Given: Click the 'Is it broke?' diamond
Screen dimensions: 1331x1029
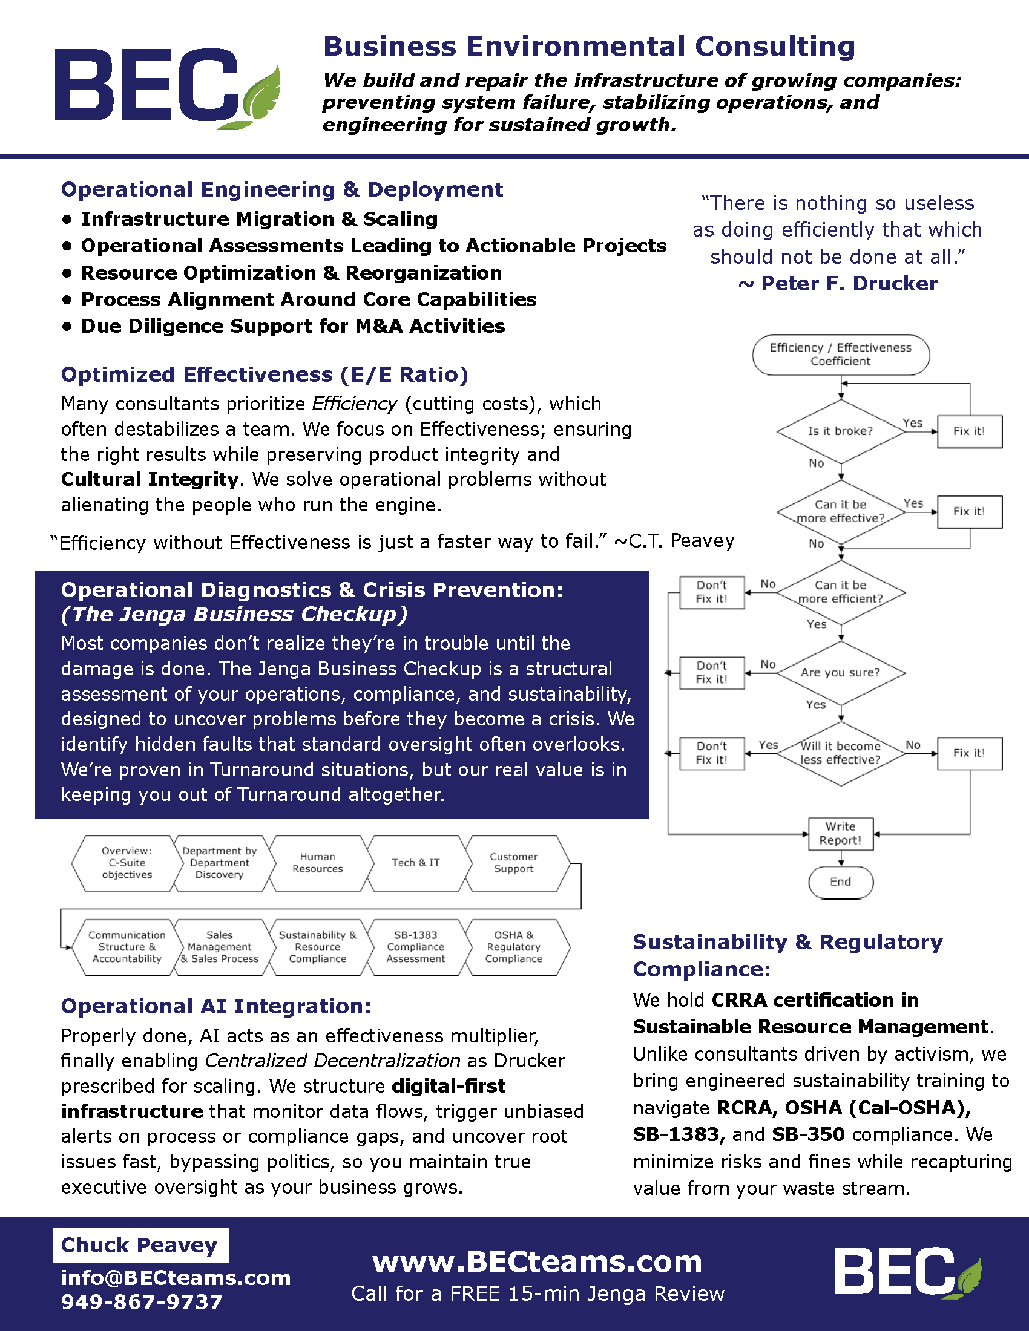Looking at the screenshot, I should click(840, 431).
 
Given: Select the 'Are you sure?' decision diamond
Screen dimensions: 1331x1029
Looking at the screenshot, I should click(840, 673).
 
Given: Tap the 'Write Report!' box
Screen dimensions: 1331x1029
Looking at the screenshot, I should click(841, 834).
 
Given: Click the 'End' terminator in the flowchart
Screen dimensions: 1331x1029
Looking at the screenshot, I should click(841, 882).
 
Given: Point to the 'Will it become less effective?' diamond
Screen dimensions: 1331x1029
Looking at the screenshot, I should click(840, 753).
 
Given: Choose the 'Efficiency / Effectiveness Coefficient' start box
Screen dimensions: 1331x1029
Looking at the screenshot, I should click(841, 355).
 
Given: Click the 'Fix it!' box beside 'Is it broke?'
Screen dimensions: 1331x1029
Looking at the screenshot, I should click(969, 431).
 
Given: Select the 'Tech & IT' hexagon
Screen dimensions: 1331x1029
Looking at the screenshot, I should click(416, 863).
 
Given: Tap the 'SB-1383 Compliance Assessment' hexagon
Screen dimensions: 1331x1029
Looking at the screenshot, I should click(416, 947).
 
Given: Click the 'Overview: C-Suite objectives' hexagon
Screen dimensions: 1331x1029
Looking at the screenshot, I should click(127, 863).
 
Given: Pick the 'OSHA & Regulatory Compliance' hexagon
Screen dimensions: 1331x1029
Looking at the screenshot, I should click(514, 947).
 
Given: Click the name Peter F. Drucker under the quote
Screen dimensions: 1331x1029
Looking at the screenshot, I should click(849, 284).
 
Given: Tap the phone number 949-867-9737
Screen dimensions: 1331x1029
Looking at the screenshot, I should click(142, 1302).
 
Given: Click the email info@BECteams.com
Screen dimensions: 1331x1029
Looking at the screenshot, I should click(176, 1277).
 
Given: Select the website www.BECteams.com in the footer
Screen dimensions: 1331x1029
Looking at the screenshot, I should click(537, 1261).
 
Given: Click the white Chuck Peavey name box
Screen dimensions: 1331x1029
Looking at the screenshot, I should click(140, 1245).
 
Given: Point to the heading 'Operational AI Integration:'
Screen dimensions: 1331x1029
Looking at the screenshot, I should click(216, 1006).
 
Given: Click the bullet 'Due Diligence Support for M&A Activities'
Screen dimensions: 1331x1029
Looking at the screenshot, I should click(292, 327).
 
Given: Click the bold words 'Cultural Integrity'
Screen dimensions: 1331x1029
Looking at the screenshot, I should click(150, 480).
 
